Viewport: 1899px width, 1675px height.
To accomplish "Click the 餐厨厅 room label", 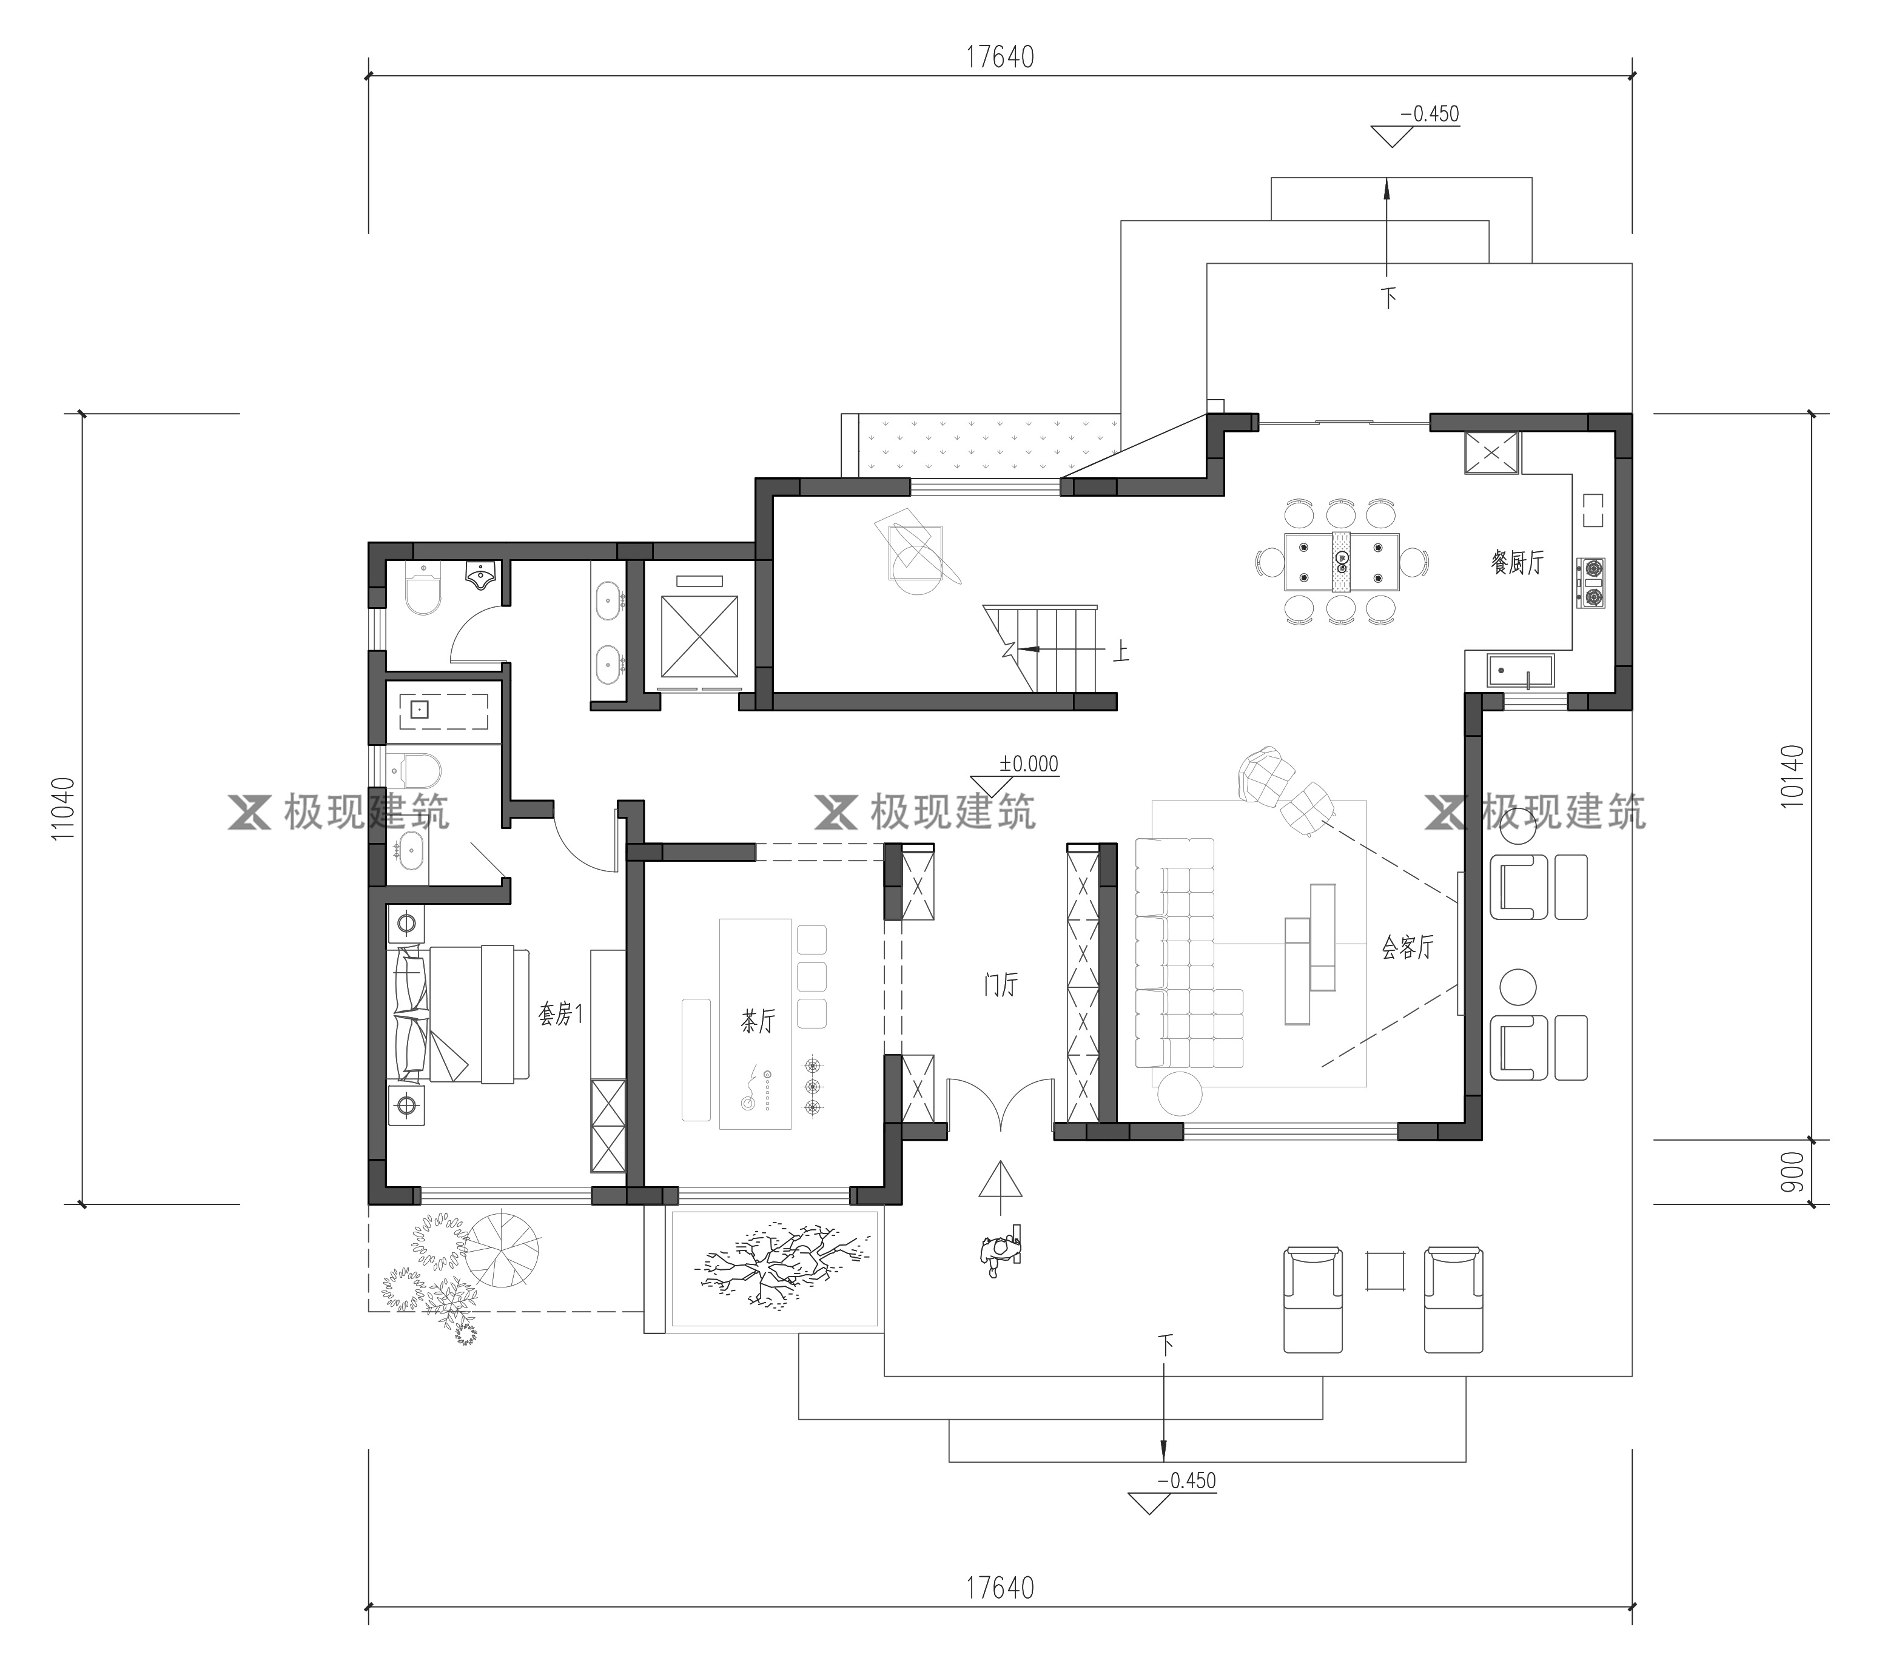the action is [1517, 562].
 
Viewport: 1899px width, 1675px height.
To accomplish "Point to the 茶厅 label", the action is [757, 1022].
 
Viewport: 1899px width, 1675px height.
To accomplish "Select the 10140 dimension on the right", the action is [1793, 776].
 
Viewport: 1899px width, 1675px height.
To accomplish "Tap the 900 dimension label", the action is [1793, 1172].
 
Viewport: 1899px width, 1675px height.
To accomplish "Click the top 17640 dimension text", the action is [1000, 58].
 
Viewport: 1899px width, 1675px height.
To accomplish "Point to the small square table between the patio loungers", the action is [1384, 1272].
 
